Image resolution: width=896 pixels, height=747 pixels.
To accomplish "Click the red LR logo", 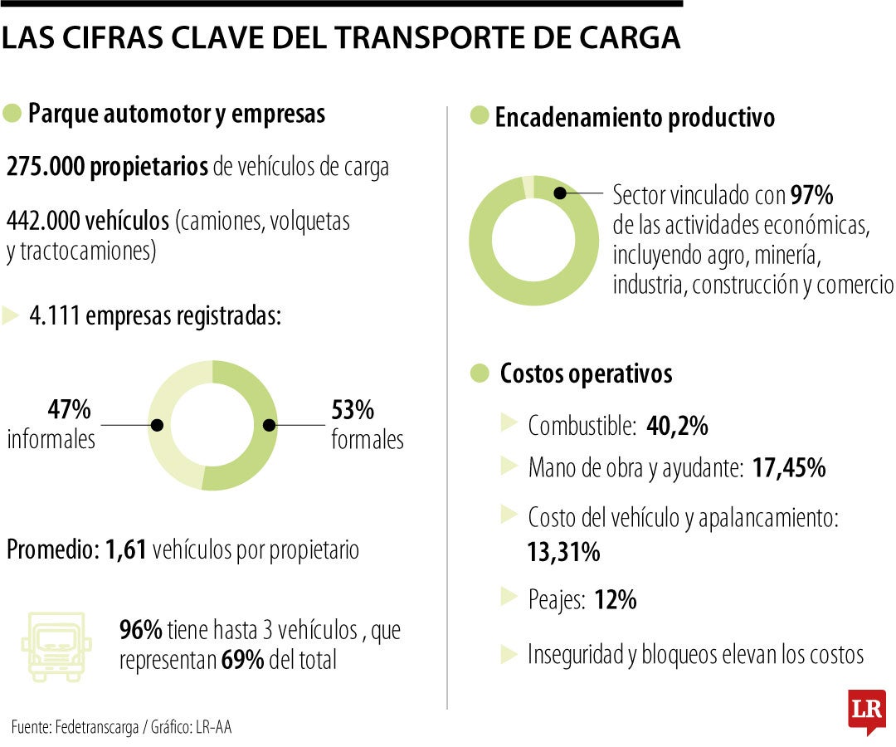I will tap(866, 710).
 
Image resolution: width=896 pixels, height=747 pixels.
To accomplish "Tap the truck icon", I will tap(56, 647).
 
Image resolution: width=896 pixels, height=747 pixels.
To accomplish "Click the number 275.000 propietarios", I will tap(107, 167).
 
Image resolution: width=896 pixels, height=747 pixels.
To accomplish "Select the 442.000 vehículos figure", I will tap(88, 222).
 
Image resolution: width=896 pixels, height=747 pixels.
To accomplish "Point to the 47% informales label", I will tap(51, 424).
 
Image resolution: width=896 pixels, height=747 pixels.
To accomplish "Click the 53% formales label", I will tap(367, 424).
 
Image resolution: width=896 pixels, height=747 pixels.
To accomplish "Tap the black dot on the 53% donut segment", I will tap(269, 425).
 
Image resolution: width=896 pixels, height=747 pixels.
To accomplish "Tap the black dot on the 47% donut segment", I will tap(157, 425).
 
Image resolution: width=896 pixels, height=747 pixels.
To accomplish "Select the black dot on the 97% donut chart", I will tap(561, 193).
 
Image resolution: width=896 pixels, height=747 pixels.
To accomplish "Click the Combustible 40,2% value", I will tap(676, 426).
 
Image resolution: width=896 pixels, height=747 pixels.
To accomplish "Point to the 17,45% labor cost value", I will tap(788, 468).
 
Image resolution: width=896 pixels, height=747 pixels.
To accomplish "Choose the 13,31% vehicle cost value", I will tap(563, 552).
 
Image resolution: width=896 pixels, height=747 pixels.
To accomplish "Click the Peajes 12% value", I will tap(615, 600).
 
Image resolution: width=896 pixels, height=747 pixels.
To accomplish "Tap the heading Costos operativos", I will tap(586, 373).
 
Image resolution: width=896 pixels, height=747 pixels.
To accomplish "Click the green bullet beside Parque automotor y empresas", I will tap(12, 114).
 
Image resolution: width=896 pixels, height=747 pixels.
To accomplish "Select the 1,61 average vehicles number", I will tap(126, 549).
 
